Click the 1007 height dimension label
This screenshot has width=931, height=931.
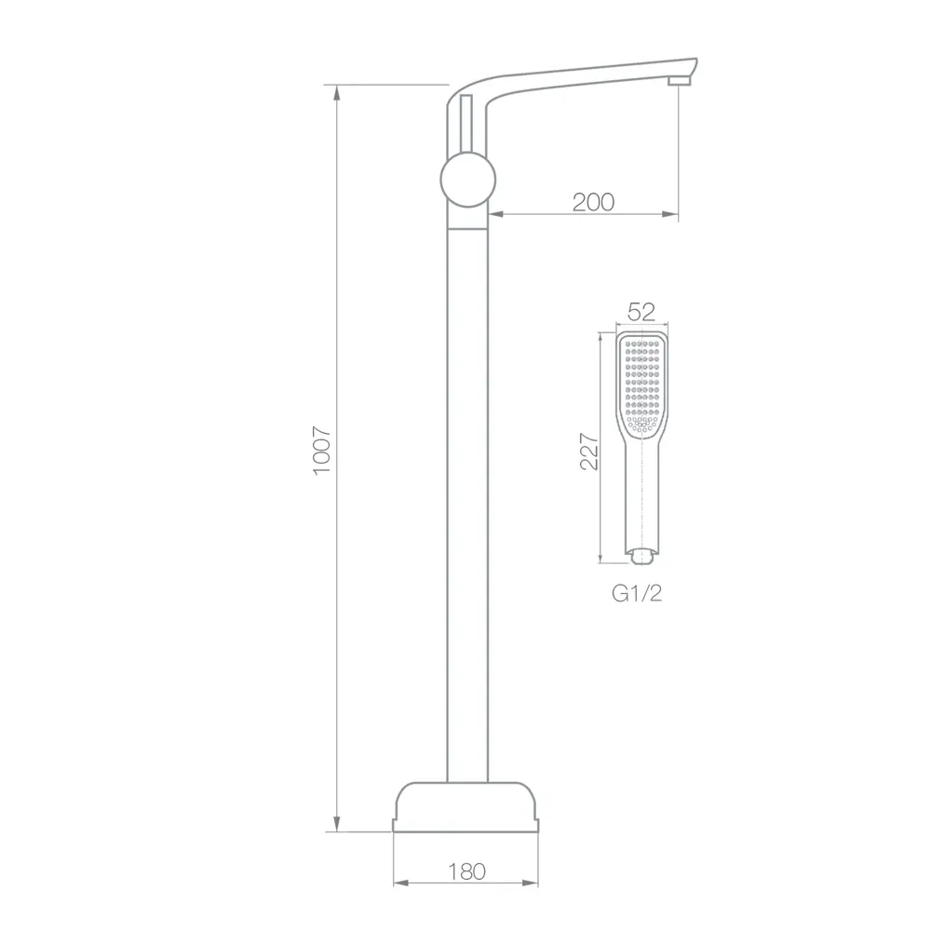click(322, 451)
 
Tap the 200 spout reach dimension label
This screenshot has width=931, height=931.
click(593, 202)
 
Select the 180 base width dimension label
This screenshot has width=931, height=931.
click(466, 871)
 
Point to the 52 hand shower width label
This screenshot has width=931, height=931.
click(641, 312)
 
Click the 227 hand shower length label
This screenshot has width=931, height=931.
click(589, 452)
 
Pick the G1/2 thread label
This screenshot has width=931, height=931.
click(637, 593)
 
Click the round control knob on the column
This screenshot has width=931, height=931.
click(468, 180)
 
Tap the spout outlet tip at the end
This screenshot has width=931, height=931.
click(680, 81)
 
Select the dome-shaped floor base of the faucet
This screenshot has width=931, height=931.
click(465, 807)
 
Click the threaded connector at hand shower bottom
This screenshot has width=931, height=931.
click(641, 557)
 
